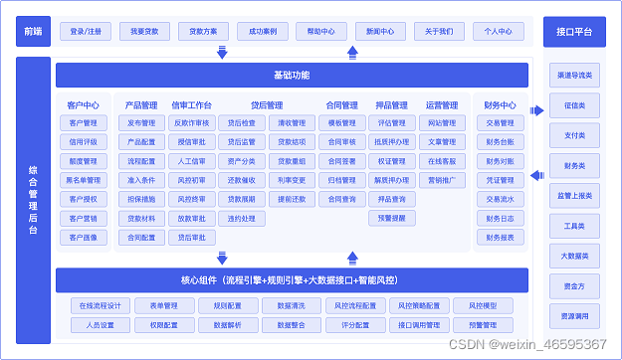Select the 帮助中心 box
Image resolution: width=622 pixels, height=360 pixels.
pyautogui.click(x=320, y=32)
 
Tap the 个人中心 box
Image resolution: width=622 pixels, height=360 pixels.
pyautogui.click(x=498, y=32)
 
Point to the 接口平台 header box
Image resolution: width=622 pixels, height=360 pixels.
pyautogui.click(x=574, y=32)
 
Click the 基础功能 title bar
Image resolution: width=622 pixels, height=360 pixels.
pyautogui.click(x=291, y=75)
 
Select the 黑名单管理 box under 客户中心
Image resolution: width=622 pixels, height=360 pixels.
pyautogui.click(x=84, y=180)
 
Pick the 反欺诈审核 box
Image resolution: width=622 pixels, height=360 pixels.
pyautogui.click(x=192, y=123)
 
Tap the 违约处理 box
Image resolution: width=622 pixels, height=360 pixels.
pyautogui.click(x=242, y=218)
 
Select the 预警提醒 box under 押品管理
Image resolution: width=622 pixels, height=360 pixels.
pyautogui.click(x=391, y=218)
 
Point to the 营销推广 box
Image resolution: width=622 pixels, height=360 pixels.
pyautogui.click(x=441, y=180)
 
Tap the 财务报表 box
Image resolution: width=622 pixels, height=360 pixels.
pyautogui.click(x=500, y=237)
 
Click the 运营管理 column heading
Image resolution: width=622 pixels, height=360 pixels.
pyautogui.click(x=441, y=105)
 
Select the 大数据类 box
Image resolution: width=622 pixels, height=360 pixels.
pyautogui.click(x=574, y=257)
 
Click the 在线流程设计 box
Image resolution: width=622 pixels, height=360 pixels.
pyautogui.click(x=100, y=305)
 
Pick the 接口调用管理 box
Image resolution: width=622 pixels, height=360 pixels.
pyautogui.click(x=418, y=324)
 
